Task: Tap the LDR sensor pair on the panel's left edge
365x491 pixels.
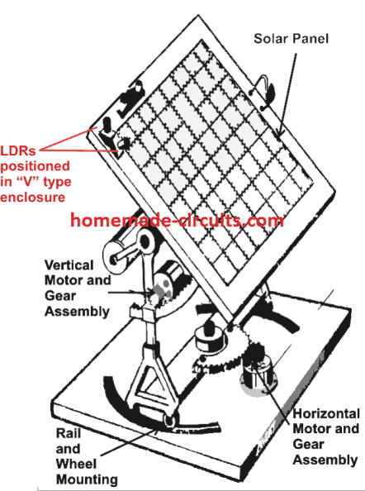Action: point(112,136)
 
